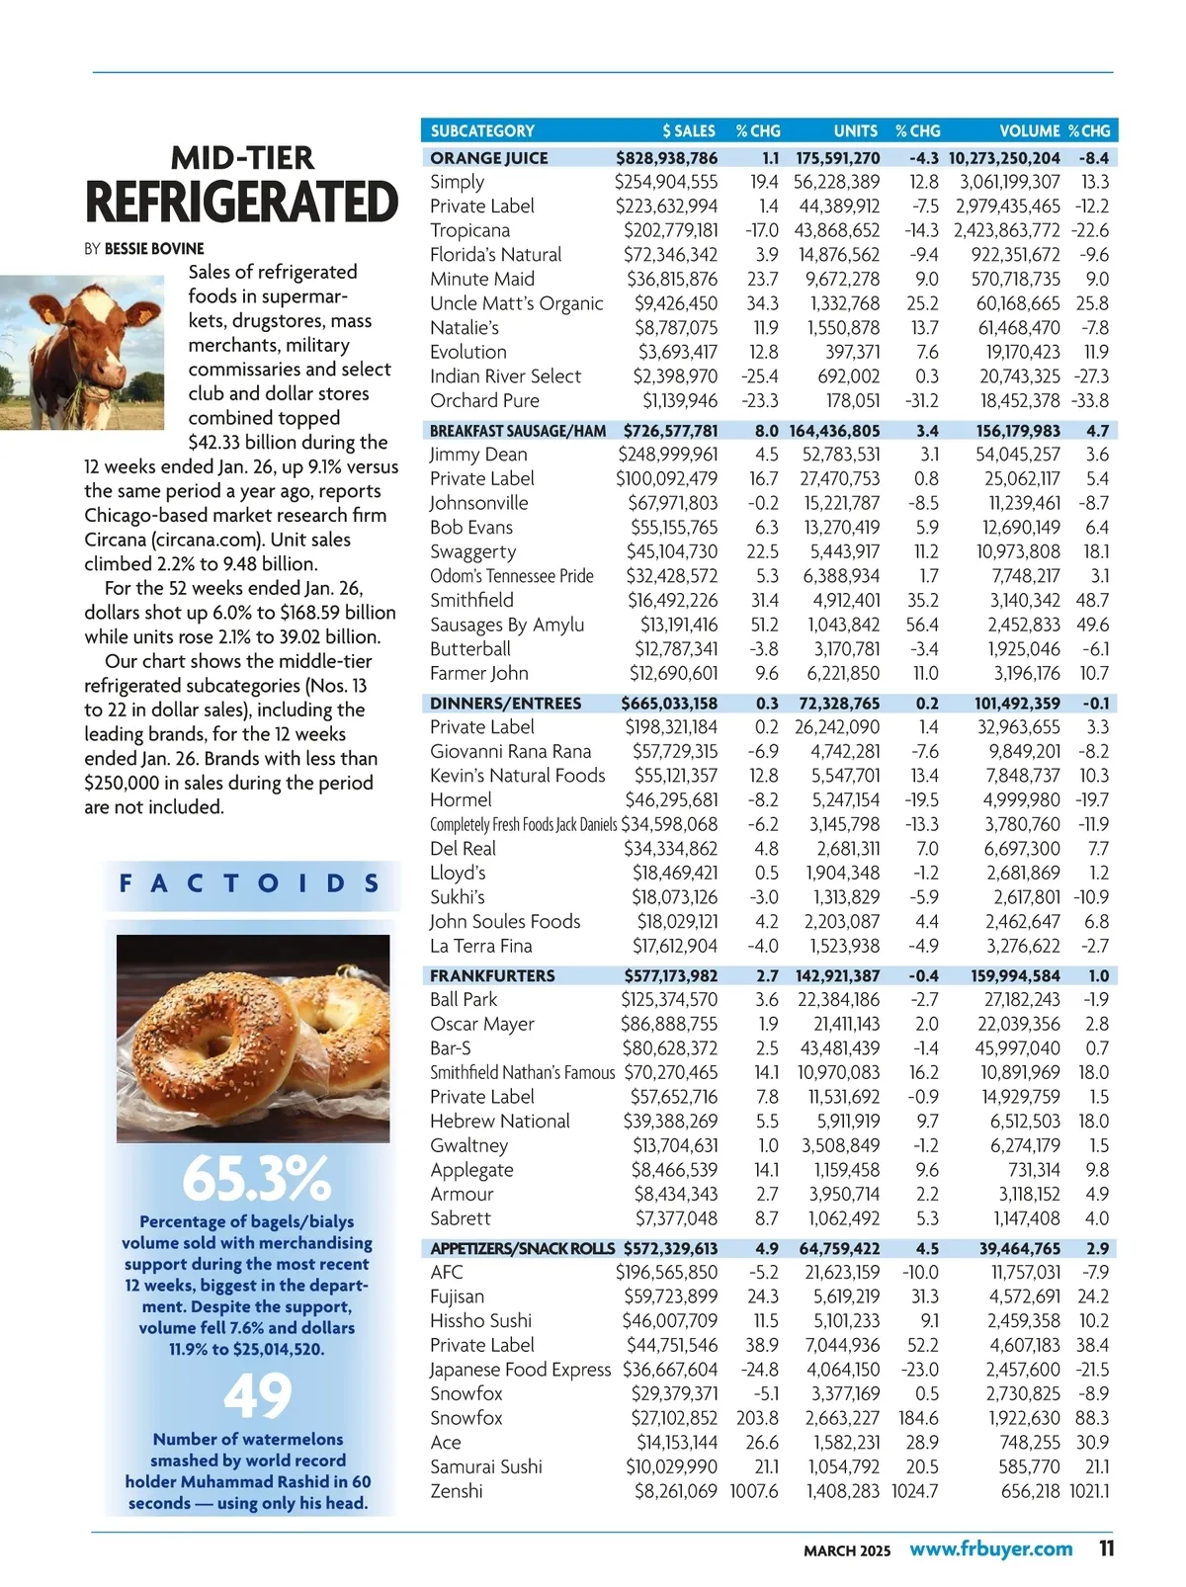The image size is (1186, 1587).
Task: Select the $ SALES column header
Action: pos(689,130)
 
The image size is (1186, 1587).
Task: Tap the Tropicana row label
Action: pos(469,230)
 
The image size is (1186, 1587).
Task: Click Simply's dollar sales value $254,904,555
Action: pos(666,182)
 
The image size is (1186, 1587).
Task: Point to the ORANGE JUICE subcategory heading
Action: pos(488,158)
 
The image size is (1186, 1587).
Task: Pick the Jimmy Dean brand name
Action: pos(478,455)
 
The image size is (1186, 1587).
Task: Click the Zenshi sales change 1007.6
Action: pos(753,1491)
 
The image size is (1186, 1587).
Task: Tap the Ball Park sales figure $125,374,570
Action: pos(669,1000)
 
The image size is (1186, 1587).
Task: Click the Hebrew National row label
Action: pos(499,1122)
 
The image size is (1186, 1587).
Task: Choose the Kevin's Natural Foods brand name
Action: pos(517,776)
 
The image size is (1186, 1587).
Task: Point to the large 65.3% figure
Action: pos(256,1179)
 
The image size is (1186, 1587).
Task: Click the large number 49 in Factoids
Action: pos(257,1395)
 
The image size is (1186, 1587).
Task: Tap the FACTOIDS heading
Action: pos(249,883)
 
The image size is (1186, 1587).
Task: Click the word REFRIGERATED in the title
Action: pos(241,204)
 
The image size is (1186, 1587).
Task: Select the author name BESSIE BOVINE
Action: pos(154,249)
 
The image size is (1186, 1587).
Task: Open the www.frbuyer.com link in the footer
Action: pos(990,1548)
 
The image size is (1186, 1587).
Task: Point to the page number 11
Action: pos(1106,1548)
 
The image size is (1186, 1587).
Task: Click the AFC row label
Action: pos(447,1273)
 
